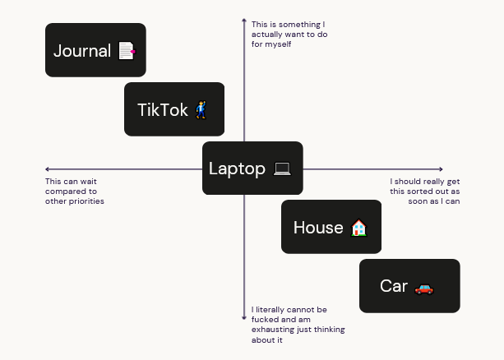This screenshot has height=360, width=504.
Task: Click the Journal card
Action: pyautogui.click(x=95, y=50)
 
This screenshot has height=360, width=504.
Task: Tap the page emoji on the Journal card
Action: pyautogui.click(x=127, y=51)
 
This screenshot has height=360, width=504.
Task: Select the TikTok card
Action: pyautogui.click(x=174, y=109)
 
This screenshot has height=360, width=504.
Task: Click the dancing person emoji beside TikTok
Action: pyautogui.click(x=201, y=110)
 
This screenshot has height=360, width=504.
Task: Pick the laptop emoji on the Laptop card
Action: pyautogui.click(x=282, y=169)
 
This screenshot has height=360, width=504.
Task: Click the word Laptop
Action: pyautogui.click(x=237, y=168)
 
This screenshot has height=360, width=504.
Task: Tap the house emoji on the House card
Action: pyautogui.click(x=358, y=228)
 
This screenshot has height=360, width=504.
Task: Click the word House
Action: pyautogui.click(x=318, y=228)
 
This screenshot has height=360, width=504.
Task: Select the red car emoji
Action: pyautogui.click(x=424, y=289)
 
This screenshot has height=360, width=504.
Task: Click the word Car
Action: pyautogui.click(x=394, y=286)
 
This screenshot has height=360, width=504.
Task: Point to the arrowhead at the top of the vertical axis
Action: pyautogui.click(x=244, y=21)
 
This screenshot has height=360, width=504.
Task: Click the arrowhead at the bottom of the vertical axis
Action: pyautogui.click(x=244, y=318)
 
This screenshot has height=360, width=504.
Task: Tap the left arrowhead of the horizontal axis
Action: pyautogui.click(x=47, y=169)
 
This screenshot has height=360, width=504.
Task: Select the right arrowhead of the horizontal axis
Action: pyautogui.click(x=441, y=169)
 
